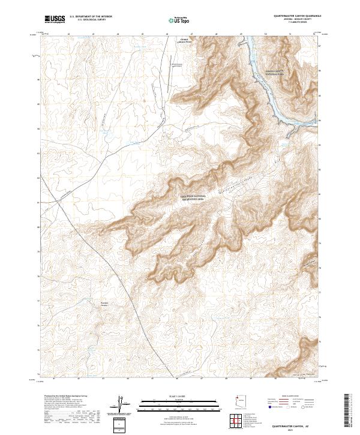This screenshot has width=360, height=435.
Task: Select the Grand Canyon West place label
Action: [187, 41]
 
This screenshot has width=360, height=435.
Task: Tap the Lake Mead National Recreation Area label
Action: [196, 197]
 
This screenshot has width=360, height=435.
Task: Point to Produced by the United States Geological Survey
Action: [65, 396]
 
